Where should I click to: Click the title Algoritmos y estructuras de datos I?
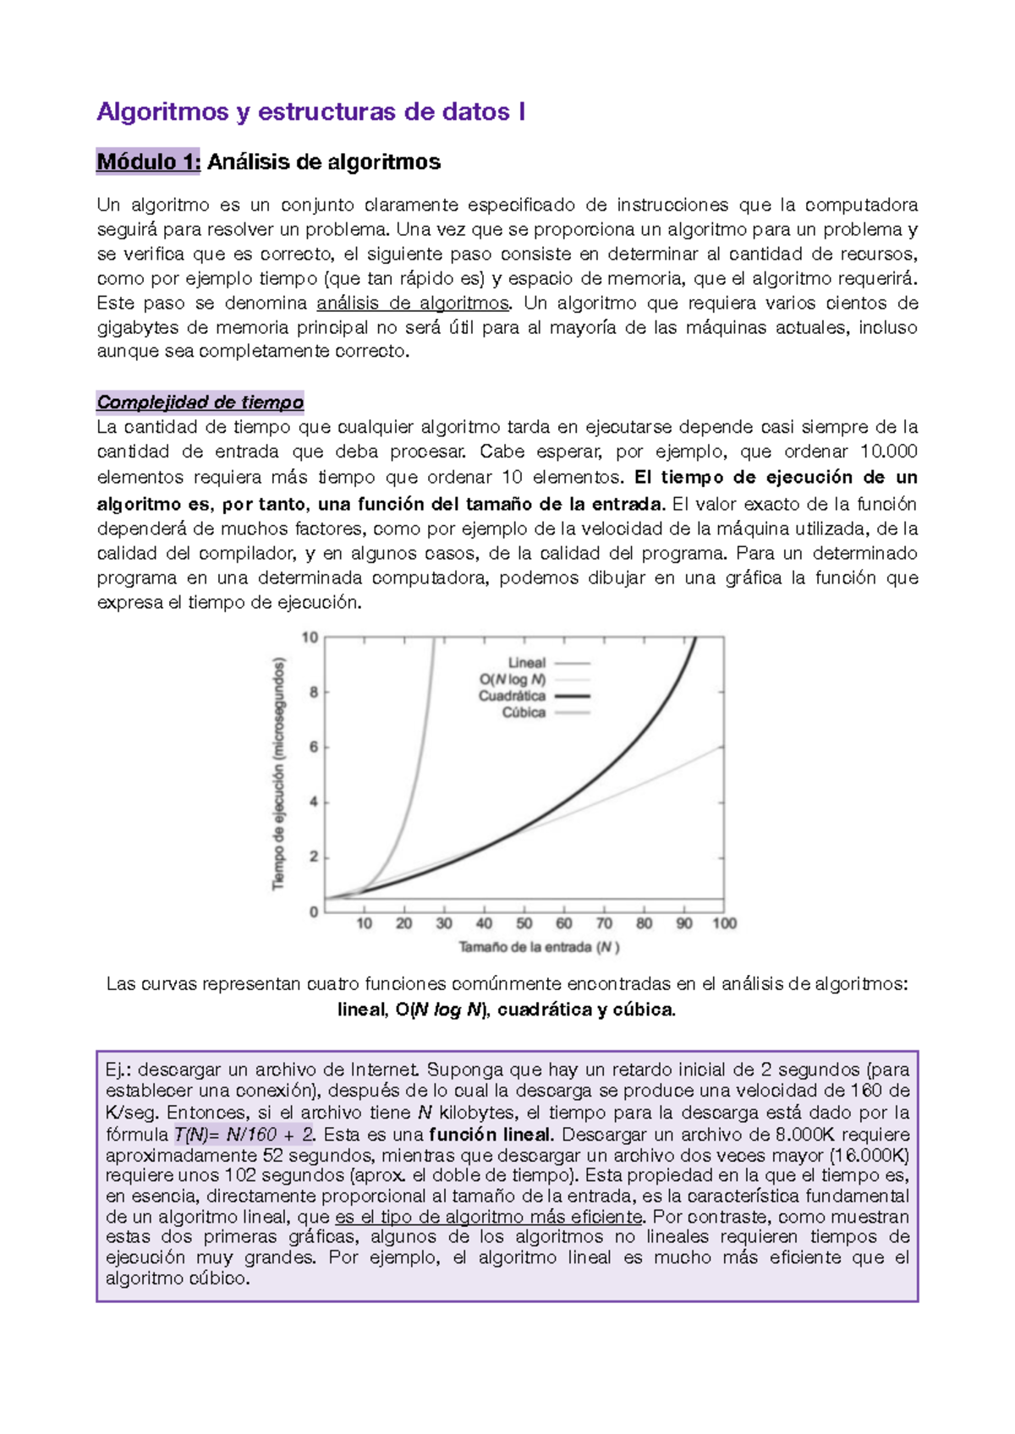tap(310, 112)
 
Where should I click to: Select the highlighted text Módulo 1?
tap(149, 161)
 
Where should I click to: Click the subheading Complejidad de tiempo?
tap(200, 402)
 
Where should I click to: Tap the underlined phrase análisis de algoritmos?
tap(414, 303)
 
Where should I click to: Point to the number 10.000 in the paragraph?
tap(888, 451)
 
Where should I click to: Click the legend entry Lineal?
tap(527, 663)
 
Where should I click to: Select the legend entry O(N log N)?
tap(513, 679)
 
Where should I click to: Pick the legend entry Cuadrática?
tap(512, 696)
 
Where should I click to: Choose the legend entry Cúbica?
tap(524, 712)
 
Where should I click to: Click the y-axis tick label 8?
tap(314, 692)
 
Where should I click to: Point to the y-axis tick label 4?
tap(314, 802)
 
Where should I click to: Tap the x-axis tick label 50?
tap(524, 923)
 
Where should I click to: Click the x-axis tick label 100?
tap(724, 923)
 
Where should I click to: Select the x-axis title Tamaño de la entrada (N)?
tap(539, 947)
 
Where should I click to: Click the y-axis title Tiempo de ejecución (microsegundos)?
tap(278, 774)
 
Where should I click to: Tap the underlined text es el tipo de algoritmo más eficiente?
tap(489, 1217)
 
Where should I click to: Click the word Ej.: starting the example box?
tap(119, 1070)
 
